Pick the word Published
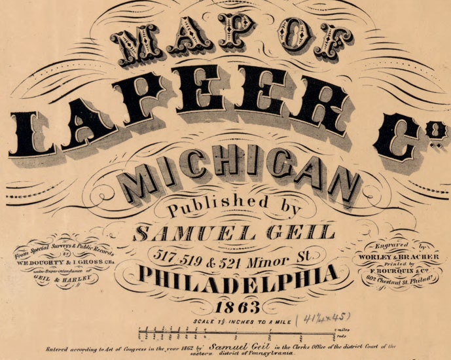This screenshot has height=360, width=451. coord(209,206)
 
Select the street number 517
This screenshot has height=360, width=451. coord(165,254)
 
